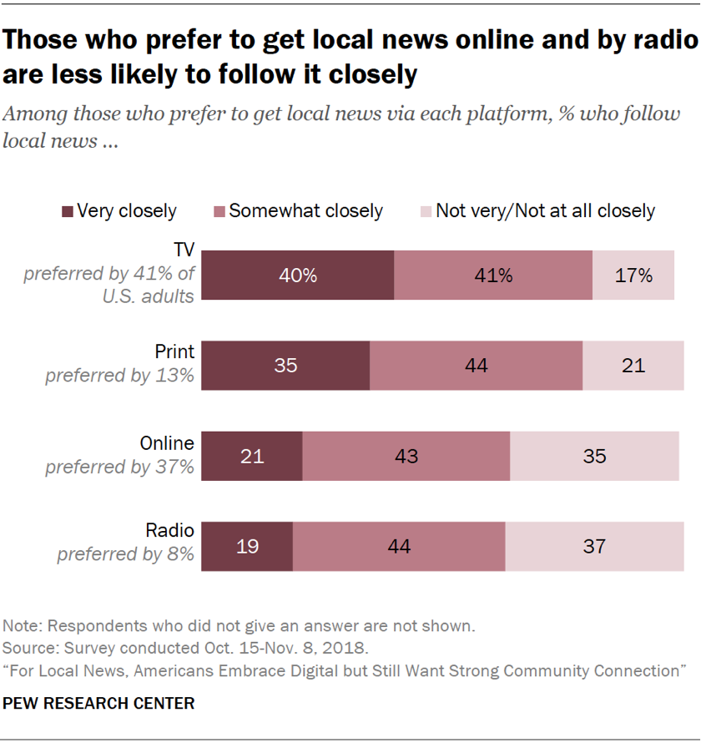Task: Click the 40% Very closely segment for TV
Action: [x=298, y=275]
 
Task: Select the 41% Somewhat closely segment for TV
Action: [x=493, y=275]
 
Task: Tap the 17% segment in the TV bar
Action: [x=633, y=275]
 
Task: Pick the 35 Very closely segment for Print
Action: [x=286, y=366]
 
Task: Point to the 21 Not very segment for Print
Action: [x=633, y=366]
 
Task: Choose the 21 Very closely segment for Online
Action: [x=253, y=457]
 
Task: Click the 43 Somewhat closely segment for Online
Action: [x=406, y=457]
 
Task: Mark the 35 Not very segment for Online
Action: [x=594, y=457]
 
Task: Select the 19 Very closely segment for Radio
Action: [x=248, y=547]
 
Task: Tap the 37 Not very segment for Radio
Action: [x=593, y=547]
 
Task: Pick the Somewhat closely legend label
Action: [x=305, y=211]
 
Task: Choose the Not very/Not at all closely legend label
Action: [x=545, y=211]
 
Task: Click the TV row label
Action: [x=184, y=250]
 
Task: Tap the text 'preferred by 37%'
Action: [x=119, y=466]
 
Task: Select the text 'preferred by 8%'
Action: [x=125, y=553]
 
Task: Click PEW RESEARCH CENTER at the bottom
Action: [x=98, y=704]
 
